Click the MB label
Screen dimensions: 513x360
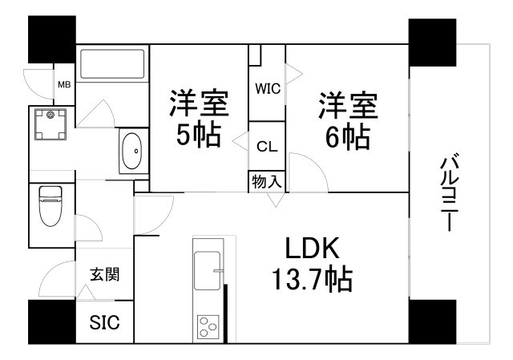pos(64,85)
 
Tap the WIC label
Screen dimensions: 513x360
pos(268,89)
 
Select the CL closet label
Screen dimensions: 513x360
pos(267,147)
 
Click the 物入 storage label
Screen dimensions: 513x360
pos(267,181)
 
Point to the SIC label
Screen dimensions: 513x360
pos(105,322)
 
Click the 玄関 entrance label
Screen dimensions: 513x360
pos(105,274)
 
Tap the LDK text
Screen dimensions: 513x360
pos(312,248)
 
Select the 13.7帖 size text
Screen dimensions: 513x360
pos(313,279)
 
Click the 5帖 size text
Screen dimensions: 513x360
pos(199,135)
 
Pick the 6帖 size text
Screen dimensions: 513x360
pos(348,137)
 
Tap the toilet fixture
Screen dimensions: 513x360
pos(50,206)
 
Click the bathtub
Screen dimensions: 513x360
pos(112,64)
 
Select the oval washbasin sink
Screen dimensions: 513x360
pos(131,151)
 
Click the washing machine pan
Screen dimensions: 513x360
pos(50,125)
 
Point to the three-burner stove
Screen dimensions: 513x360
pos(208,326)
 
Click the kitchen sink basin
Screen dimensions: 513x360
pos(207,271)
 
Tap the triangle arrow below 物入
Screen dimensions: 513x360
pos(276,200)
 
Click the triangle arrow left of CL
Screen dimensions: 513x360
pos(240,141)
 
